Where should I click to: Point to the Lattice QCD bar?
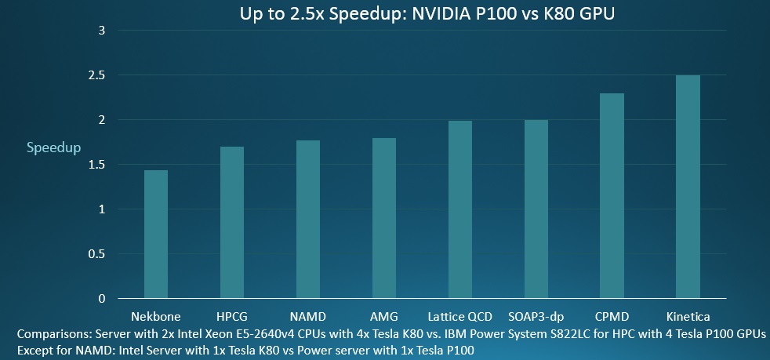tap(460, 209)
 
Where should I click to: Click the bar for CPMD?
tap(612, 195)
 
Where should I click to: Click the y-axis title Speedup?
tap(54, 147)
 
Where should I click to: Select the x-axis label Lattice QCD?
tap(460, 317)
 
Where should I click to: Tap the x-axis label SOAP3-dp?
tap(536, 317)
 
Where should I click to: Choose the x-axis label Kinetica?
tap(688, 317)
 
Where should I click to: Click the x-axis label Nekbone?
tap(157, 317)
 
